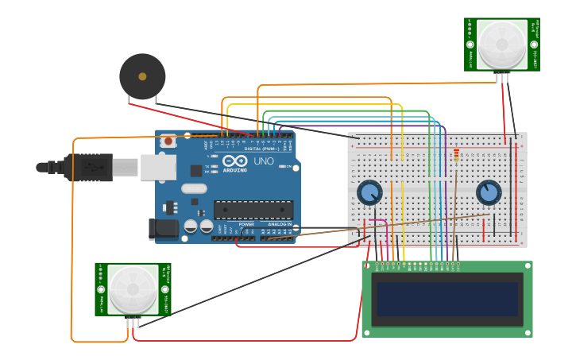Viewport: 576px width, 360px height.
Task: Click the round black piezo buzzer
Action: coord(142,76)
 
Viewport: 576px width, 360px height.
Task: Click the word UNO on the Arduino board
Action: coord(263,161)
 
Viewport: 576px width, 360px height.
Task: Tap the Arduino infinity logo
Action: coord(234,161)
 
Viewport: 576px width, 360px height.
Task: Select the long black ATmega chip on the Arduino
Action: coord(253,210)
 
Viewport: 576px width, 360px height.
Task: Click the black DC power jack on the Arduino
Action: coord(164,229)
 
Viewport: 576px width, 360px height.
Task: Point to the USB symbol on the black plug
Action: coord(93,168)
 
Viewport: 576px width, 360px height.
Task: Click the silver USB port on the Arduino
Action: coord(158,167)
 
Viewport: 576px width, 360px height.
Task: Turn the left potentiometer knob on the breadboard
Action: coord(369,192)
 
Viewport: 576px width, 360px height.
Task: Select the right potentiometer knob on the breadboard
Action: coord(489,192)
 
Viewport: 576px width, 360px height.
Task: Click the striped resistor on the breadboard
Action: coord(456,156)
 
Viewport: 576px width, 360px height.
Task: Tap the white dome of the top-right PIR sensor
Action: coord(501,44)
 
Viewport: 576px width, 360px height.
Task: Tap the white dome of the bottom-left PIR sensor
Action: coord(133,288)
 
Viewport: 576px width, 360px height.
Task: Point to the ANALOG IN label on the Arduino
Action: coord(279,224)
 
